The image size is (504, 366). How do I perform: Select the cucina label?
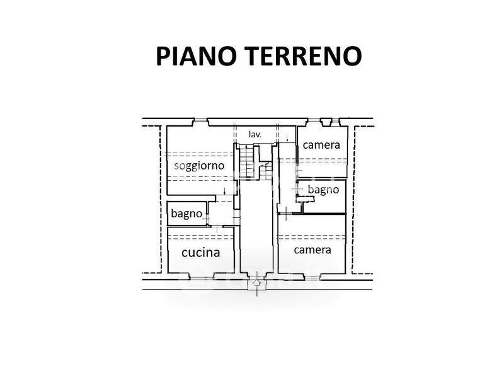(200, 253)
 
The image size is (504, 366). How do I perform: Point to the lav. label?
(255, 134)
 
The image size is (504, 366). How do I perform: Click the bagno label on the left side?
(186, 214)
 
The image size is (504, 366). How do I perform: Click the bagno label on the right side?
(323, 189)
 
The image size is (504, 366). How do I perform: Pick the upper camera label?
(321, 145)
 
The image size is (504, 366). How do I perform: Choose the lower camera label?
(312, 249)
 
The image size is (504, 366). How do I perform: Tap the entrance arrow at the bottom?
(256, 283)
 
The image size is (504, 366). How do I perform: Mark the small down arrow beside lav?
(287, 137)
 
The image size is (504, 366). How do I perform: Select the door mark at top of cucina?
(217, 227)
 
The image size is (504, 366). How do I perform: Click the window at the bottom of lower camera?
(311, 275)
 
